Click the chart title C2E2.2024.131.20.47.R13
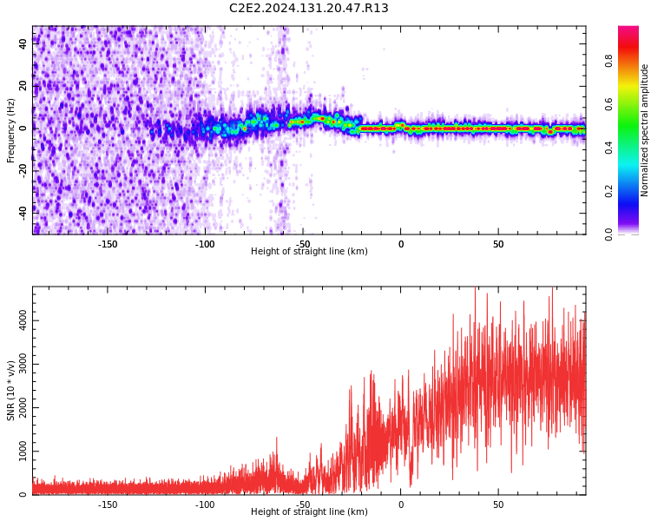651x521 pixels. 308,9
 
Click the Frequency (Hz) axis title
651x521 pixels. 11,130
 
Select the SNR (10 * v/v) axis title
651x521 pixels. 11,391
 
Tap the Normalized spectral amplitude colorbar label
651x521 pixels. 645,130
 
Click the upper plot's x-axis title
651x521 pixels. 309,252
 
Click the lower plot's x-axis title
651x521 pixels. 309,512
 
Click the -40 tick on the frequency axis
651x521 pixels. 23,212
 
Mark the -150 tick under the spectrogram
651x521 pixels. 107,244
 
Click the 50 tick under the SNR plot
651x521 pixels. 498,505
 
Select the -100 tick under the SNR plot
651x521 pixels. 205,505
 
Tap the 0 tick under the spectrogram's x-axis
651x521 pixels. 401,244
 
